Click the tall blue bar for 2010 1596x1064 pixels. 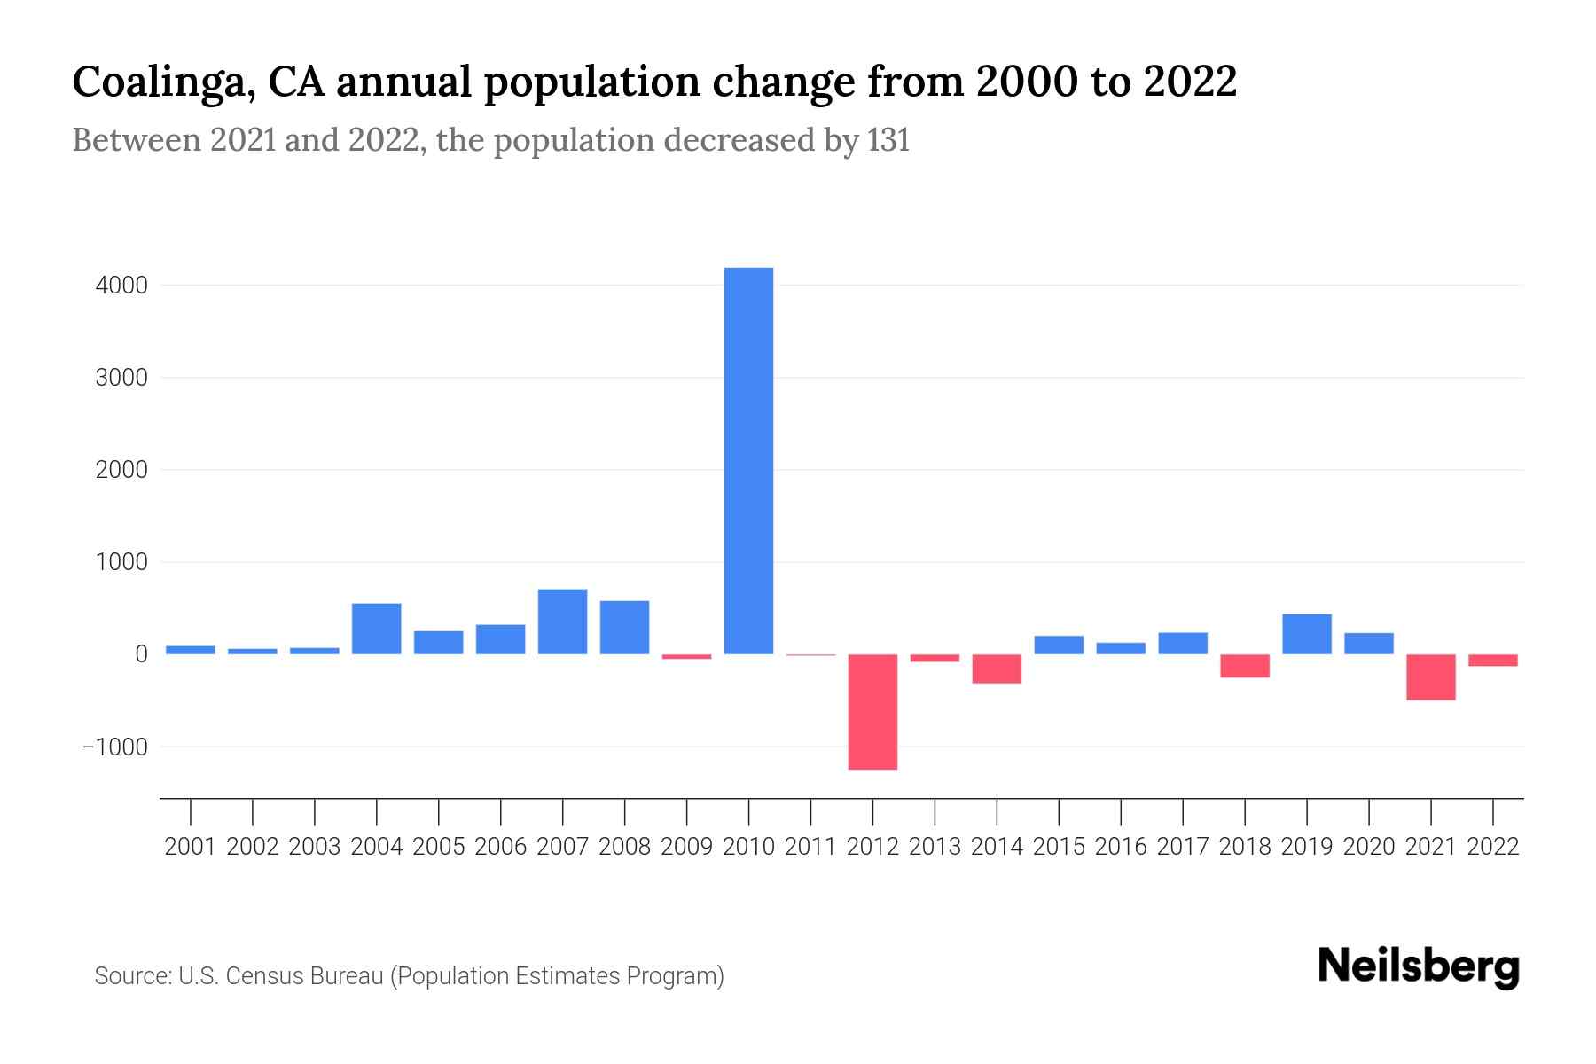748,461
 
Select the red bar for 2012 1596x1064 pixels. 872,712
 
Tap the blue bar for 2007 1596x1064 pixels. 562,622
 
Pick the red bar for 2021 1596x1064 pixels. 1430,677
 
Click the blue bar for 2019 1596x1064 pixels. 1306,634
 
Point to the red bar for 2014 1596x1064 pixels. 997,669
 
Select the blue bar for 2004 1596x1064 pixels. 376,629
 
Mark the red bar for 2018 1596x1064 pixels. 1244,666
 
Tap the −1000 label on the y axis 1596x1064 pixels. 114,747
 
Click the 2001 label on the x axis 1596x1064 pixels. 190,847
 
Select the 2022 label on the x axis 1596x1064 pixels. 1492,847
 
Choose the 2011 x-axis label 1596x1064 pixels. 810,847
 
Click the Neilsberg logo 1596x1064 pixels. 1418,966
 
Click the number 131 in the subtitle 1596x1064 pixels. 888,140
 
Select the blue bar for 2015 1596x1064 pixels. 1059,645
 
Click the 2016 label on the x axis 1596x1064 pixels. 1120,847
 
